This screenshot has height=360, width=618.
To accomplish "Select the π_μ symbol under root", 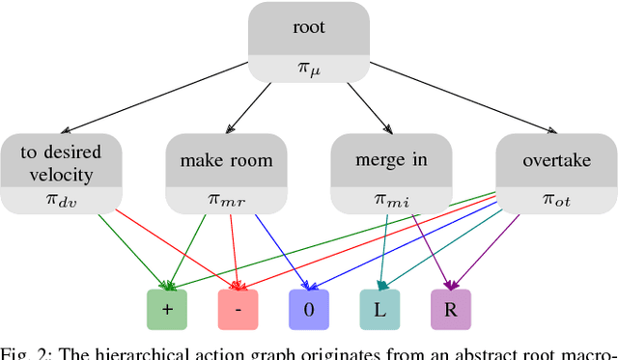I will (309, 69).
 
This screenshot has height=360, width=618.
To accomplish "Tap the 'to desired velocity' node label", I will (60, 160).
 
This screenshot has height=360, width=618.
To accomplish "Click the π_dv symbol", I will (60, 200).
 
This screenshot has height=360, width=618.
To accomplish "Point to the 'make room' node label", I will (225, 160).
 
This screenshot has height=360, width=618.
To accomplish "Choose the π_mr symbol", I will (225, 200).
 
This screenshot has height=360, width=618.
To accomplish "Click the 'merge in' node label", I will (391, 160).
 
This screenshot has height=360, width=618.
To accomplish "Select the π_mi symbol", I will (391, 200).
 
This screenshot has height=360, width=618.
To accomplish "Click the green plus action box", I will (168, 308).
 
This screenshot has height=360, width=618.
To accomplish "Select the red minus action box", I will (239, 308).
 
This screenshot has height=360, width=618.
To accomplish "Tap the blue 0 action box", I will (309, 308).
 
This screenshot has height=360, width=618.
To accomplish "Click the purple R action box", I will (450, 308).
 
